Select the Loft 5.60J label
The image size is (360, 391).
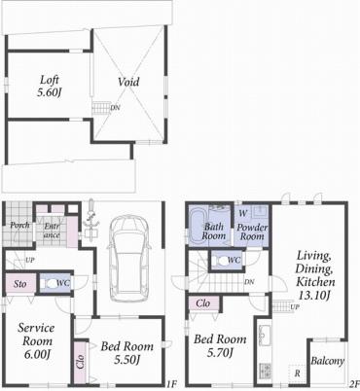tap(50, 86)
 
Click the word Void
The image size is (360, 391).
tap(127, 82)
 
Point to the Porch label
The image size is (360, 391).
tap(19, 226)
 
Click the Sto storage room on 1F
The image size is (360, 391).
tap(18, 283)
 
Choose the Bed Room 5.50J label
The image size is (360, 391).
tap(125, 353)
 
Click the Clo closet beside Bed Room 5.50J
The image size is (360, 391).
tap(79, 361)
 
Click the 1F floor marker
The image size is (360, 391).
tap(171, 384)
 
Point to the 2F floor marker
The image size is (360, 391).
tap(354, 384)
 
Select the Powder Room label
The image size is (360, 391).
tap(252, 231)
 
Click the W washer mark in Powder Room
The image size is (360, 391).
tap(242, 211)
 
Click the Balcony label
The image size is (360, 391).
tap(327, 361)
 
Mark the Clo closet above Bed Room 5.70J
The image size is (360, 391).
tap(203, 303)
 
